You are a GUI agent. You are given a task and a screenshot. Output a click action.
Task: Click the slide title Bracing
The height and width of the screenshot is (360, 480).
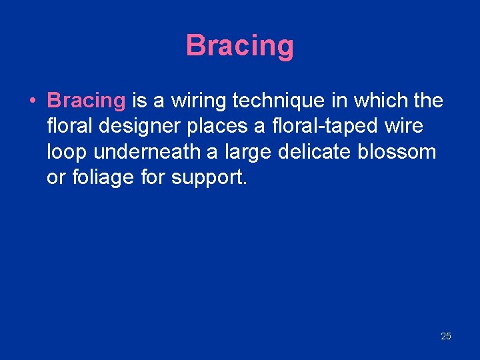(x=239, y=46)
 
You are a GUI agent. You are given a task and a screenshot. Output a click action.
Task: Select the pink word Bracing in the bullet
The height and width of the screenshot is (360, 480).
(x=86, y=101)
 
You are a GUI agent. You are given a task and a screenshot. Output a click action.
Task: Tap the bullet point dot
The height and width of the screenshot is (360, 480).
(x=32, y=101)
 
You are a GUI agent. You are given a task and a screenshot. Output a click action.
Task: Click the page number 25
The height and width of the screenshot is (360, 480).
(x=445, y=336)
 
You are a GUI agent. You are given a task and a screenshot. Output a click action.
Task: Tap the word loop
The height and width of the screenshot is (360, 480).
(x=67, y=152)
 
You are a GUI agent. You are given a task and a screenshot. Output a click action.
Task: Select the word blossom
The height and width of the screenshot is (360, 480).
(x=398, y=152)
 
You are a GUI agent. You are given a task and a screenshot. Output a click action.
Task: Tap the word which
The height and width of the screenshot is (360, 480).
(x=376, y=101)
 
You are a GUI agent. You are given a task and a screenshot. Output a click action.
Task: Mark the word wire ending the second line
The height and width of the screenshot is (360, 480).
(x=405, y=126)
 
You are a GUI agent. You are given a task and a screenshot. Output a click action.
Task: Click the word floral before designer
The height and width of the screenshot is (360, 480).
(x=69, y=126)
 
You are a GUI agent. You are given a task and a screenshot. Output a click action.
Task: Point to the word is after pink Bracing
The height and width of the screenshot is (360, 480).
(x=139, y=101)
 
